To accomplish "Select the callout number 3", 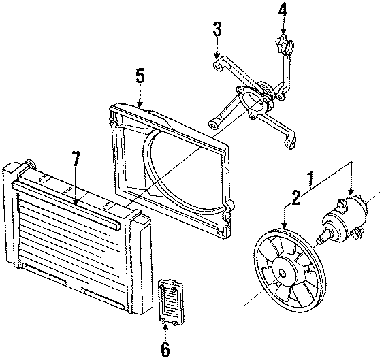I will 217,29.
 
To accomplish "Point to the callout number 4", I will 283,11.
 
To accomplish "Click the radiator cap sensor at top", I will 284,47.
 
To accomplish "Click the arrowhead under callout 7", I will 76,202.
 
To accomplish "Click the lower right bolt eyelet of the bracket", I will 291,144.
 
